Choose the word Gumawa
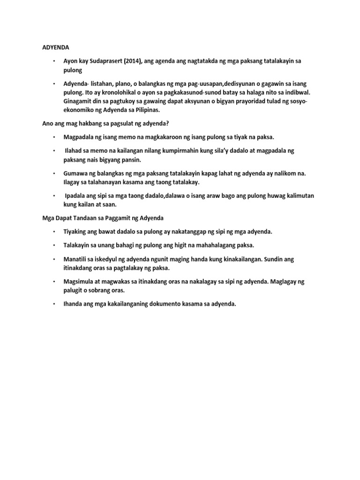click(x=76, y=173)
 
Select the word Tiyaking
click(x=76, y=232)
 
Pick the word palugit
click(x=74, y=290)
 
